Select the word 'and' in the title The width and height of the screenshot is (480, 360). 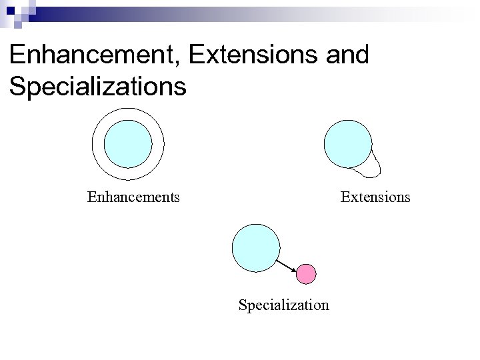click(347, 55)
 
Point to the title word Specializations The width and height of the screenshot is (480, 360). click(97, 86)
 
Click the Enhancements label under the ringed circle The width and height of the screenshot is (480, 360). click(133, 197)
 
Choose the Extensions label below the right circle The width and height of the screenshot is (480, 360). click(375, 197)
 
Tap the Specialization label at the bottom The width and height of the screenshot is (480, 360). click(283, 305)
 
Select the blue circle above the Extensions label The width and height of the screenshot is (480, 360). click(347, 143)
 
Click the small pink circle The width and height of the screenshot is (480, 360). click(306, 273)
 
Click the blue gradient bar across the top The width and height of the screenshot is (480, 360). click(267, 11)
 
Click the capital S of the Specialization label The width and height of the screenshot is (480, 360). click(243, 305)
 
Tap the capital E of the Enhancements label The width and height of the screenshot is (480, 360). click(91, 197)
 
